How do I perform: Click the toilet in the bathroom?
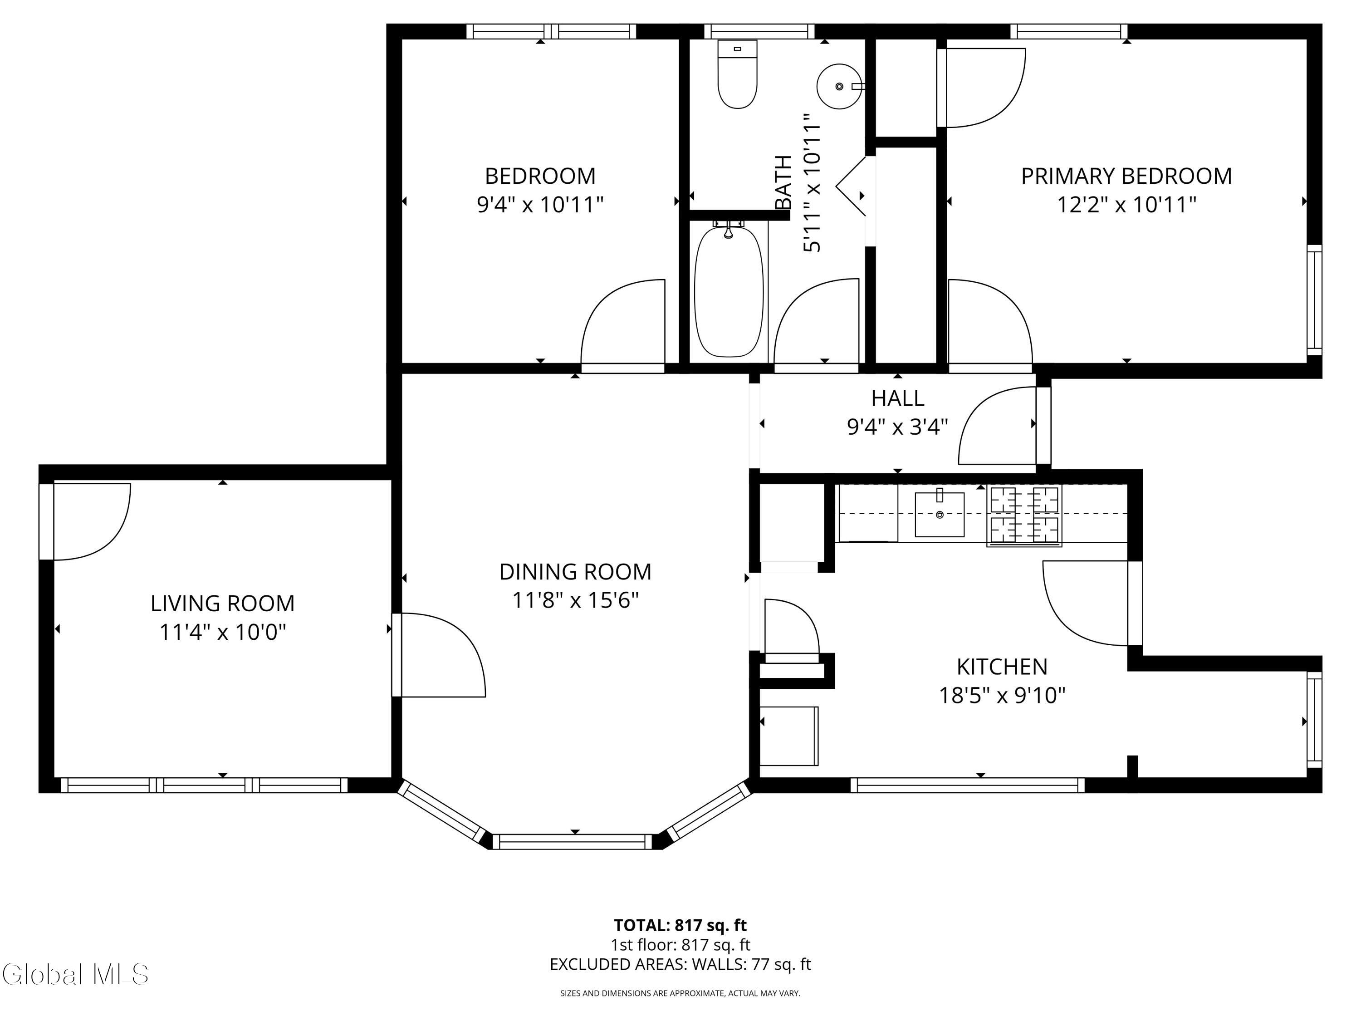[x=737, y=74]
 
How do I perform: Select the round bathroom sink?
[x=839, y=86]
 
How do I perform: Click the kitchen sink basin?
[x=939, y=514]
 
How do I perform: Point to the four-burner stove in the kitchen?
[x=1024, y=516]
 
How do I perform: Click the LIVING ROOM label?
[x=223, y=603]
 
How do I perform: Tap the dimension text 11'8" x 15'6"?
[x=575, y=599]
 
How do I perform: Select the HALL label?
[x=898, y=398]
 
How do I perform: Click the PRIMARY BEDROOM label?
[x=1126, y=176]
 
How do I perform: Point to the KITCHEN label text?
[x=1002, y=667]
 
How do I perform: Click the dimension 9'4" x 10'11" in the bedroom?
[x=540, y=204]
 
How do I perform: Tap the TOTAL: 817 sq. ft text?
[x=680, y=925]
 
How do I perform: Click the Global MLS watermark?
[x=75, y=974]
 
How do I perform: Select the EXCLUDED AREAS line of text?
[x=680, y=964]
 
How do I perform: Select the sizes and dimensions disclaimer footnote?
[x=680, y=993]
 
